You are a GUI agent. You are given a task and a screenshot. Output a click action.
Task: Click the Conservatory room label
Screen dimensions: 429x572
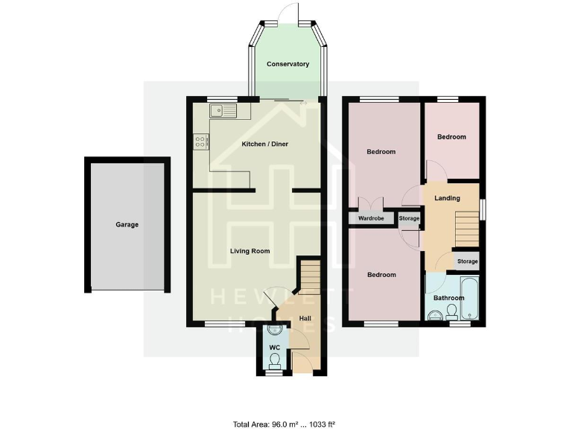coord(287,64)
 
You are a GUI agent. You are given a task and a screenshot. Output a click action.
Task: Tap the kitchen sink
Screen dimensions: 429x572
coord(222,112)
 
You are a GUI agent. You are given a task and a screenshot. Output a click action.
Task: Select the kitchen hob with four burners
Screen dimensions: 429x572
coord(201,141)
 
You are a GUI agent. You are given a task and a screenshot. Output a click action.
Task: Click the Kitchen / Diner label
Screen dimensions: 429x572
coord(264,144)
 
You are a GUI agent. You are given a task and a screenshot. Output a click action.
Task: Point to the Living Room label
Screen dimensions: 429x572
coord(250,251)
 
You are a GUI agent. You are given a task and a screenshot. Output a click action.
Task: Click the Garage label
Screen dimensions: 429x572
coord(127,224)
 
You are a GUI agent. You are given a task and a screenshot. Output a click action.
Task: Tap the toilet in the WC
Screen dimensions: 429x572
coord(274,360)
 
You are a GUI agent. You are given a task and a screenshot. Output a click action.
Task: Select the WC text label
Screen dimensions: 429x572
coord(274,347)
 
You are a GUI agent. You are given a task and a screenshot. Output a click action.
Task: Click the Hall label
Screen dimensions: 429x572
coord(305,319)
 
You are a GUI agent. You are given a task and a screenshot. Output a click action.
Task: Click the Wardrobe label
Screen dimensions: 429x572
coord(370,219)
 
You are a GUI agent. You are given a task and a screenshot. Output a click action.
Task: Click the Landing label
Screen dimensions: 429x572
coord(447,198)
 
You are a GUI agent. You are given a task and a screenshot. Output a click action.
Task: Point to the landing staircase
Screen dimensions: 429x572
coord(464,224)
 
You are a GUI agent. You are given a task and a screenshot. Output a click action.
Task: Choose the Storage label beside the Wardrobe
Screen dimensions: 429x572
coord(409,219)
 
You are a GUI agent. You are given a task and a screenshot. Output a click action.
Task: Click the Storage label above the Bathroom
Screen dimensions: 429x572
coord(467,261)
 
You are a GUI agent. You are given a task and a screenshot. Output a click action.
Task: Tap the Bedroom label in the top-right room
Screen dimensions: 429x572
coord(451,137)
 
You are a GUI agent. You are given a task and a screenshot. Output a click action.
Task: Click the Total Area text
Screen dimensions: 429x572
coord(285,424)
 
